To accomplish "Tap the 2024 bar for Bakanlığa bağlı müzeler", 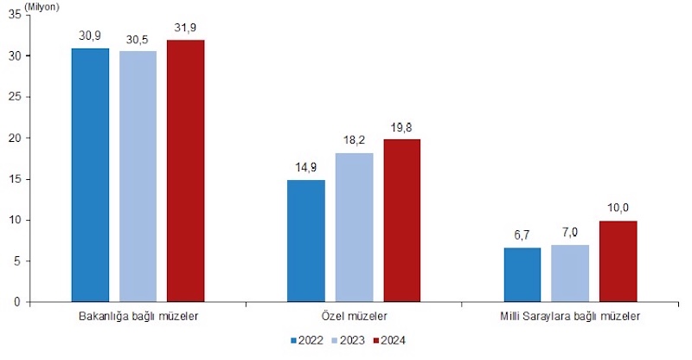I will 185,171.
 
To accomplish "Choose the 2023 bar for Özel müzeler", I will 354,228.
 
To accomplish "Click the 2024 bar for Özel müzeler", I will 401,221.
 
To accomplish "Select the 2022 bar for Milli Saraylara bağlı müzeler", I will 522,274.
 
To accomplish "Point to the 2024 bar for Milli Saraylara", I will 618,261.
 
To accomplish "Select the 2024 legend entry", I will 388,341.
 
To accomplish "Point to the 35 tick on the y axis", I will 15,15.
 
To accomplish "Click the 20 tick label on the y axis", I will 15,138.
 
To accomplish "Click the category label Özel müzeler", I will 354,317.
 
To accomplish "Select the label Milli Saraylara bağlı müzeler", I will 570,317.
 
